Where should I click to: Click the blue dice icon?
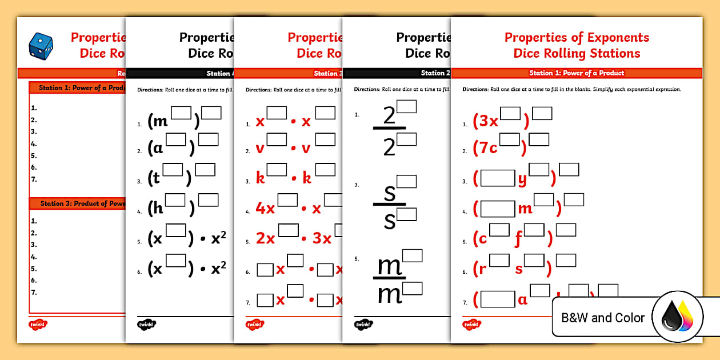click(x=41, y=45)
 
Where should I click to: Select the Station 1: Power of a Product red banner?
click(x=576, y=73)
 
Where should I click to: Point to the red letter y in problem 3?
click(x=522, y=179)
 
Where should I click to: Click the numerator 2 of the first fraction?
click(x=389, y=117)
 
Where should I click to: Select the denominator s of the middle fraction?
click(x=390, y=220)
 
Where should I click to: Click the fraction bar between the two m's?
click(x=389, y=278)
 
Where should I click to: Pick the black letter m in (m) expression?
click(x=161, y=121)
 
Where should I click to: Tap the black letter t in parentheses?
click(x=155, y=178)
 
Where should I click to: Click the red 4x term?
click(x=265, y=209)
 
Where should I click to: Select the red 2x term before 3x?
click(x=265, y=238)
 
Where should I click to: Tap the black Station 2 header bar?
click(x=397, y=73)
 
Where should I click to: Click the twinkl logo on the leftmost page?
click(x=38, y=325)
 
